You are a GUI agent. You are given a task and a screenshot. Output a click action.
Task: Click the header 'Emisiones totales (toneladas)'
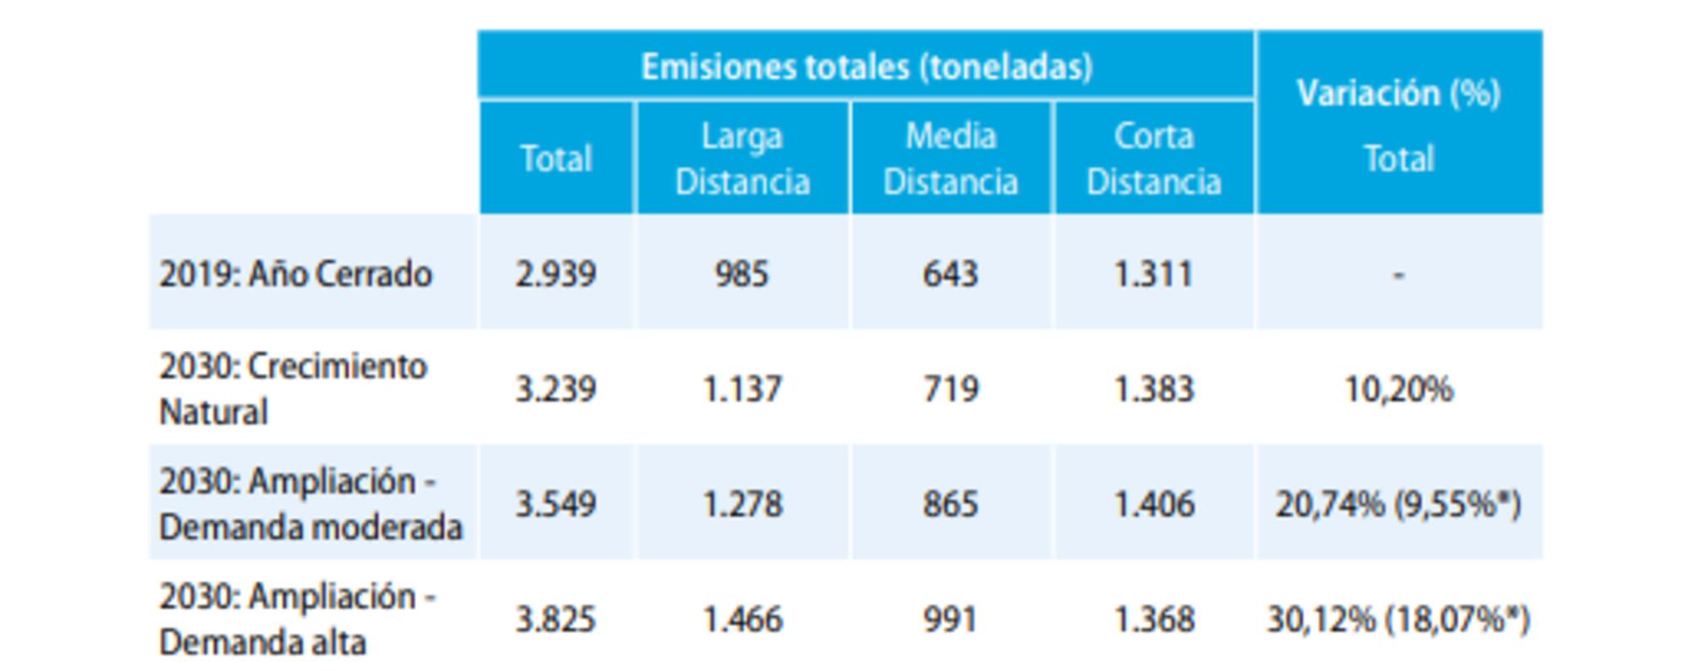[866, 67]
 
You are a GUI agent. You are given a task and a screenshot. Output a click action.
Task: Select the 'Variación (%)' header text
[1399, 94]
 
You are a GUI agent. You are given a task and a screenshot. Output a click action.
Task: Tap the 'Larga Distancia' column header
[742, 159]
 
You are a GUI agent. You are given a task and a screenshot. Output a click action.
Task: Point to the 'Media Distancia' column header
[950, 159]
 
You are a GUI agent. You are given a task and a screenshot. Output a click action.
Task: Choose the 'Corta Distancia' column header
[1153, 159]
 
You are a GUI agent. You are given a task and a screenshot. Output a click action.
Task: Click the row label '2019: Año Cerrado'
[295, 274]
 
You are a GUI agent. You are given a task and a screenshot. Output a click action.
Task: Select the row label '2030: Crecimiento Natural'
[293, 389]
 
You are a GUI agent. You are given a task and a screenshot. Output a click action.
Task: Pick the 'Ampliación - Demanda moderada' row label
[310, 504]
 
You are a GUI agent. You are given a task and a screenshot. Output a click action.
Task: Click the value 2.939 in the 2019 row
[555, 274]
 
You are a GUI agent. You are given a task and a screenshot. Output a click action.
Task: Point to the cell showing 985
[742, 274]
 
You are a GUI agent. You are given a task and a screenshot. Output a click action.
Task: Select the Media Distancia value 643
[950, 274]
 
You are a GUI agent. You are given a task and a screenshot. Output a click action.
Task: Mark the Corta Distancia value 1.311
[1153, 274]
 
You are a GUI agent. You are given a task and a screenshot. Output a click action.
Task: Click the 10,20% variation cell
[1399, 389]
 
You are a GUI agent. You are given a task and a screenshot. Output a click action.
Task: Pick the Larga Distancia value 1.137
[742, 389]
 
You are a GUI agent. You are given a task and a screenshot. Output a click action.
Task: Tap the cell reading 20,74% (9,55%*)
[1399, 505]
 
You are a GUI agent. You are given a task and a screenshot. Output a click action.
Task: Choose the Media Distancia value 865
[950, 505]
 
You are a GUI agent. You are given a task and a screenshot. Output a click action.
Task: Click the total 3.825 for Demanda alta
[555, 620]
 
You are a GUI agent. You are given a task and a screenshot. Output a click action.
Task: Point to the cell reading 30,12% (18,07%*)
[1399, 620]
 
